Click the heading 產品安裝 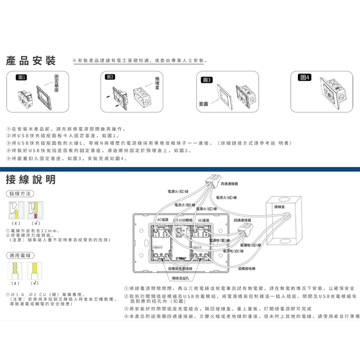pos(31,60)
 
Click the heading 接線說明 pos(31,180)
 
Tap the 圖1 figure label pos(22,78)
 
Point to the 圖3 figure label pos(207,80)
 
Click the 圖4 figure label pos(305,78)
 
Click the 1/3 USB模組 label pos(183,220)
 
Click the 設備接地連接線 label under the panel pos(180,268)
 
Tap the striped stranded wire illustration pos(15,272)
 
